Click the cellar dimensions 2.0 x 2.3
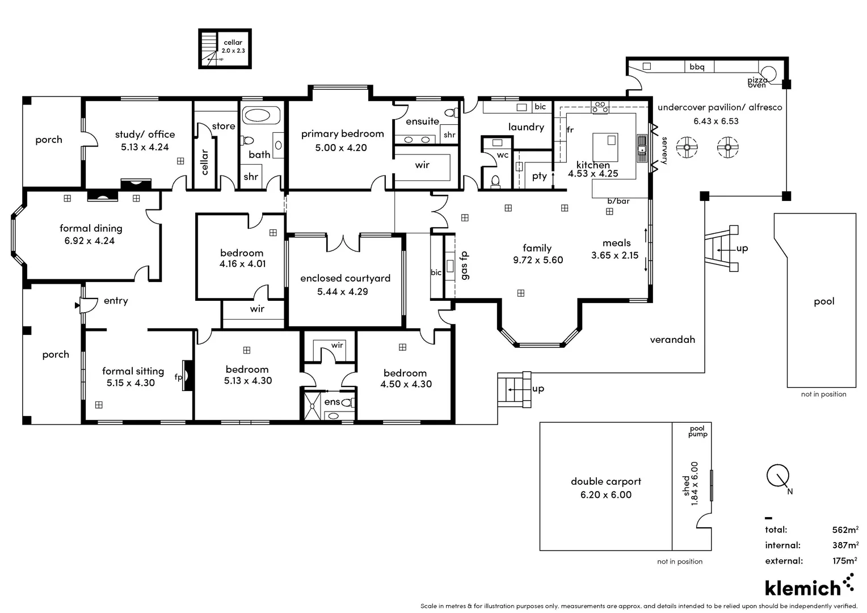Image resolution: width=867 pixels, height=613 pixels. pyautogui.click(x=233, y=51)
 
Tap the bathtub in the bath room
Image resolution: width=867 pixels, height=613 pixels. pyautogui.click(x=262, y=116)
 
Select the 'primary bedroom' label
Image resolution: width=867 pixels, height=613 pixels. pyautogui.click(x=342, y=134)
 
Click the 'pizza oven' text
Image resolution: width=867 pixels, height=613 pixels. pyautogui.click(x=757, y=83)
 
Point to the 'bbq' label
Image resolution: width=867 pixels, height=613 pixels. pyautogui.click(x=697, y=67)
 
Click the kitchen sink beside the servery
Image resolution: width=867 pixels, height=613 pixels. pyautogui.click(x=642, y=149)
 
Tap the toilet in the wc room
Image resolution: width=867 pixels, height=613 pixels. pyautogui.click(x=495, y=180)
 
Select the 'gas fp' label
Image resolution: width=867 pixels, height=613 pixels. pyautogui.click(x=464, y=265)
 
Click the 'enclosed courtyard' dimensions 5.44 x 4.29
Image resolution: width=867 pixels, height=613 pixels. pyautogui.click(x=342, y=292)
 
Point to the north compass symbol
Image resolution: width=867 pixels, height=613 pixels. pyautogui.click(x=778, y=476)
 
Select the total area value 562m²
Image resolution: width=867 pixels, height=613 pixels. pyautogui.click(x=845, y=530)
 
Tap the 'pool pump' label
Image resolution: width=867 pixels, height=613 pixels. pyautogui.click(x=697, y=432)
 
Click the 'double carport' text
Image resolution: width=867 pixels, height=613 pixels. pyautogui.click(x=605, y=481)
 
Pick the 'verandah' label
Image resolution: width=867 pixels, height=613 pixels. pyautogui.click(x=672, y=339)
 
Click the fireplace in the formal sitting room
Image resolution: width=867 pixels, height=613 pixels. pyautogui.click(x=187, y=376)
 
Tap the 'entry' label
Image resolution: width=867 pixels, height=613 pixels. pyautogui.click(x=116, y=301)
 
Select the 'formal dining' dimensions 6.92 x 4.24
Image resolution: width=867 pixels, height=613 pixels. pyautogui.click(x=89, y=241)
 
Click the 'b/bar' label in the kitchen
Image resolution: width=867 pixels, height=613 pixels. pyautogui.click(x=618, y=201)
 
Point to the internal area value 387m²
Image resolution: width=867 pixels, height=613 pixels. pyautogui.click(x=845, y=545)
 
